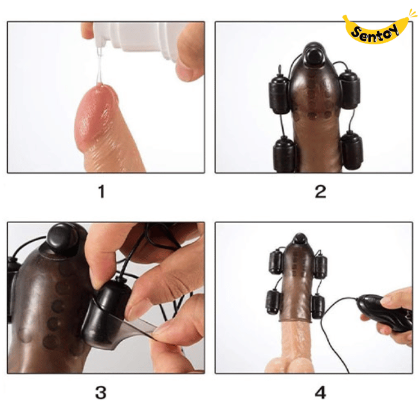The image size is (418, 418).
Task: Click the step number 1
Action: [101, 192]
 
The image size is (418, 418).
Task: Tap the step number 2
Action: [320, 192]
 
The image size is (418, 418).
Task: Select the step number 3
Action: [101, 392]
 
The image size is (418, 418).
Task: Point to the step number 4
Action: [320, 392]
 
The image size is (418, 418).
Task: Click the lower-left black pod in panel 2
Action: [283, 154]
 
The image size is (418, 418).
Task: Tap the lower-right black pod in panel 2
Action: [351, 150]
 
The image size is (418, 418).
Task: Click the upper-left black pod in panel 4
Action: [273, 261]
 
